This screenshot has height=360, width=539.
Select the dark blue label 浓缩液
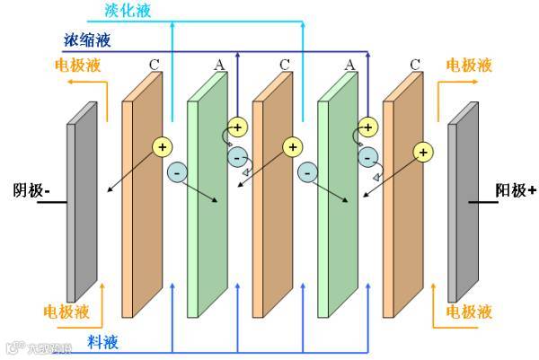[x=88, y=40]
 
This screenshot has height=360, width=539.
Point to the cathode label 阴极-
[x=31, y=190]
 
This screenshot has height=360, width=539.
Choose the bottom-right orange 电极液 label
[x=469, y=312]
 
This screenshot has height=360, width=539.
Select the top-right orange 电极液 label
[x=469, y=66]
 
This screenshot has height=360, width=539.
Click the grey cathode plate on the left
[x=82, y=202]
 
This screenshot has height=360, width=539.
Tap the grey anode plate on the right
[x=464, y=202]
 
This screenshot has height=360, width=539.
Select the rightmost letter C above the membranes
[x=414, y=65]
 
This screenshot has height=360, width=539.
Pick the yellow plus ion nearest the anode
[x=421, y=154]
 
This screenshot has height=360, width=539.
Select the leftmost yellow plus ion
[x=163, y=146]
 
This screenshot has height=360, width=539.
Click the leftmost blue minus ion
[x=177, y=171]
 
